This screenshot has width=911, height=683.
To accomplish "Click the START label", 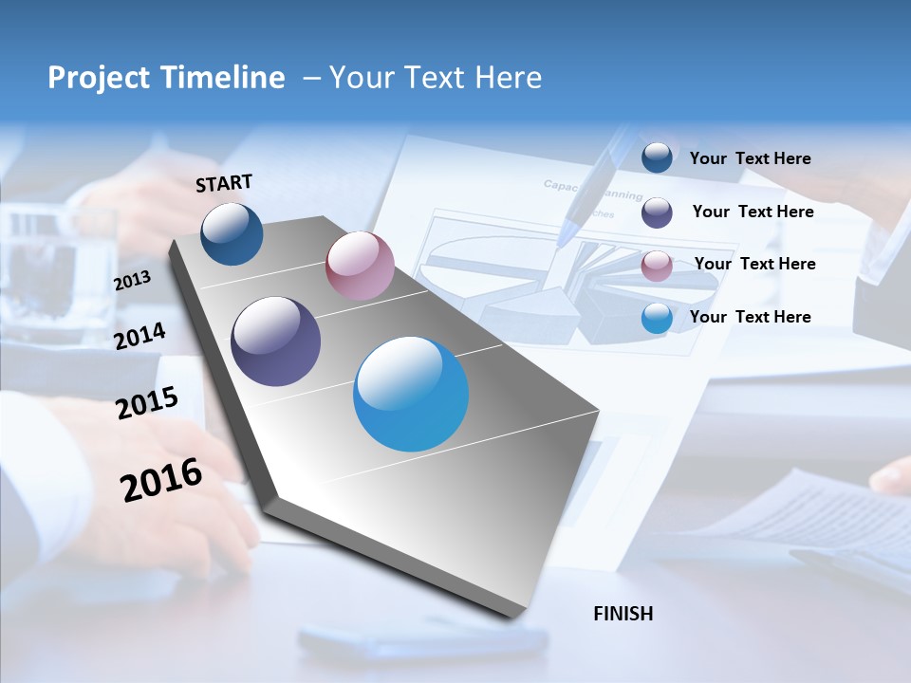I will (224, 183).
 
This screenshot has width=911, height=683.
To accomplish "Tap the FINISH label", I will (623, 614).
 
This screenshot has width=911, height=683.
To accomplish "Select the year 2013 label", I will (132, 281).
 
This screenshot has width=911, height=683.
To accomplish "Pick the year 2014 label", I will (140, 337).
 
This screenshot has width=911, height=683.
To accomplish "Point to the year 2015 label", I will (147, 403).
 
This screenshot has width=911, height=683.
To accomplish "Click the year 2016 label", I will (162, 480).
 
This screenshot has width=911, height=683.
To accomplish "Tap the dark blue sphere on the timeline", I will (232, 233).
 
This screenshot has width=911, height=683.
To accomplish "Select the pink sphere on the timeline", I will (360, 266).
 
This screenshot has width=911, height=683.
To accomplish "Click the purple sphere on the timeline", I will (276, 341).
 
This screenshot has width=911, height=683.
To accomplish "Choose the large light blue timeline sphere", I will (411, 394).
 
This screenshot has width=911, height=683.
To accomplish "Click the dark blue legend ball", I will (657, 157).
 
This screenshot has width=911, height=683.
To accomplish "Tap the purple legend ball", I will (657, 212).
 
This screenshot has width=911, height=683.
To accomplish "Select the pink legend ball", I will (657, 266).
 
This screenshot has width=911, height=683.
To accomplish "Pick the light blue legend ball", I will (657, 318).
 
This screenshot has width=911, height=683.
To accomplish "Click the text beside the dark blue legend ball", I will (751, 158).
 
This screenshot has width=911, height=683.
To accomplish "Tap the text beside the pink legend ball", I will (755, 264).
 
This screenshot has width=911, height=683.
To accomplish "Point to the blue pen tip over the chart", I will (567, 232).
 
